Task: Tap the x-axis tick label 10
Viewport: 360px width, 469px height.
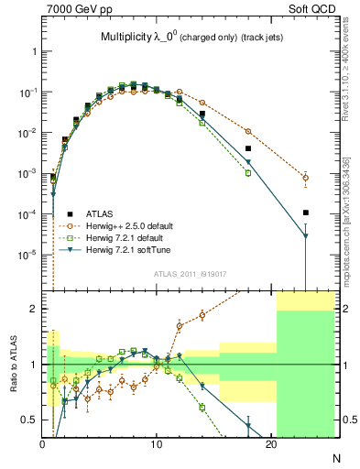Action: (157, 444)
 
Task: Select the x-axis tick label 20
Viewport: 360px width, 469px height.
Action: (270, 444)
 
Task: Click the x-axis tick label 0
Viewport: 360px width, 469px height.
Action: (42, 444)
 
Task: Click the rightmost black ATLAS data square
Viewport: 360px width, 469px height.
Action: (306, 213)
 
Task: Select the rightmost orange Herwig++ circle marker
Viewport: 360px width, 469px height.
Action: (306, 178)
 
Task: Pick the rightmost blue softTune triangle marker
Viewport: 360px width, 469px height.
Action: (306, 236)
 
